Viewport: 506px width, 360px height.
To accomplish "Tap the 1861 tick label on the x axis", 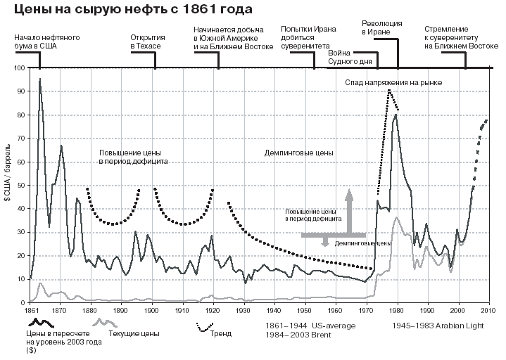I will click(x=31, y=309).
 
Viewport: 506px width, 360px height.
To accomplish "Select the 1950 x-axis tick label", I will click(x=305, y=309).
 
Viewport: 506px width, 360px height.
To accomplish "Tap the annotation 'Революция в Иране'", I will click(x=381, y=27).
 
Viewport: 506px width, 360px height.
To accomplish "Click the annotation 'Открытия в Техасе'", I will click(x=146, y=41).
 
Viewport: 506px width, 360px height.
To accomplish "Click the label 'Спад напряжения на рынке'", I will click(x=393, y=82).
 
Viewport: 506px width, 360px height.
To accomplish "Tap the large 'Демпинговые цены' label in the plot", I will click(x=298, y=153).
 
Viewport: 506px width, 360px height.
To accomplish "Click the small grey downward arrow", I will click(x=325, y=241).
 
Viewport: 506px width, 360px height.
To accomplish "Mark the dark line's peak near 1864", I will click(x=39, y=79).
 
